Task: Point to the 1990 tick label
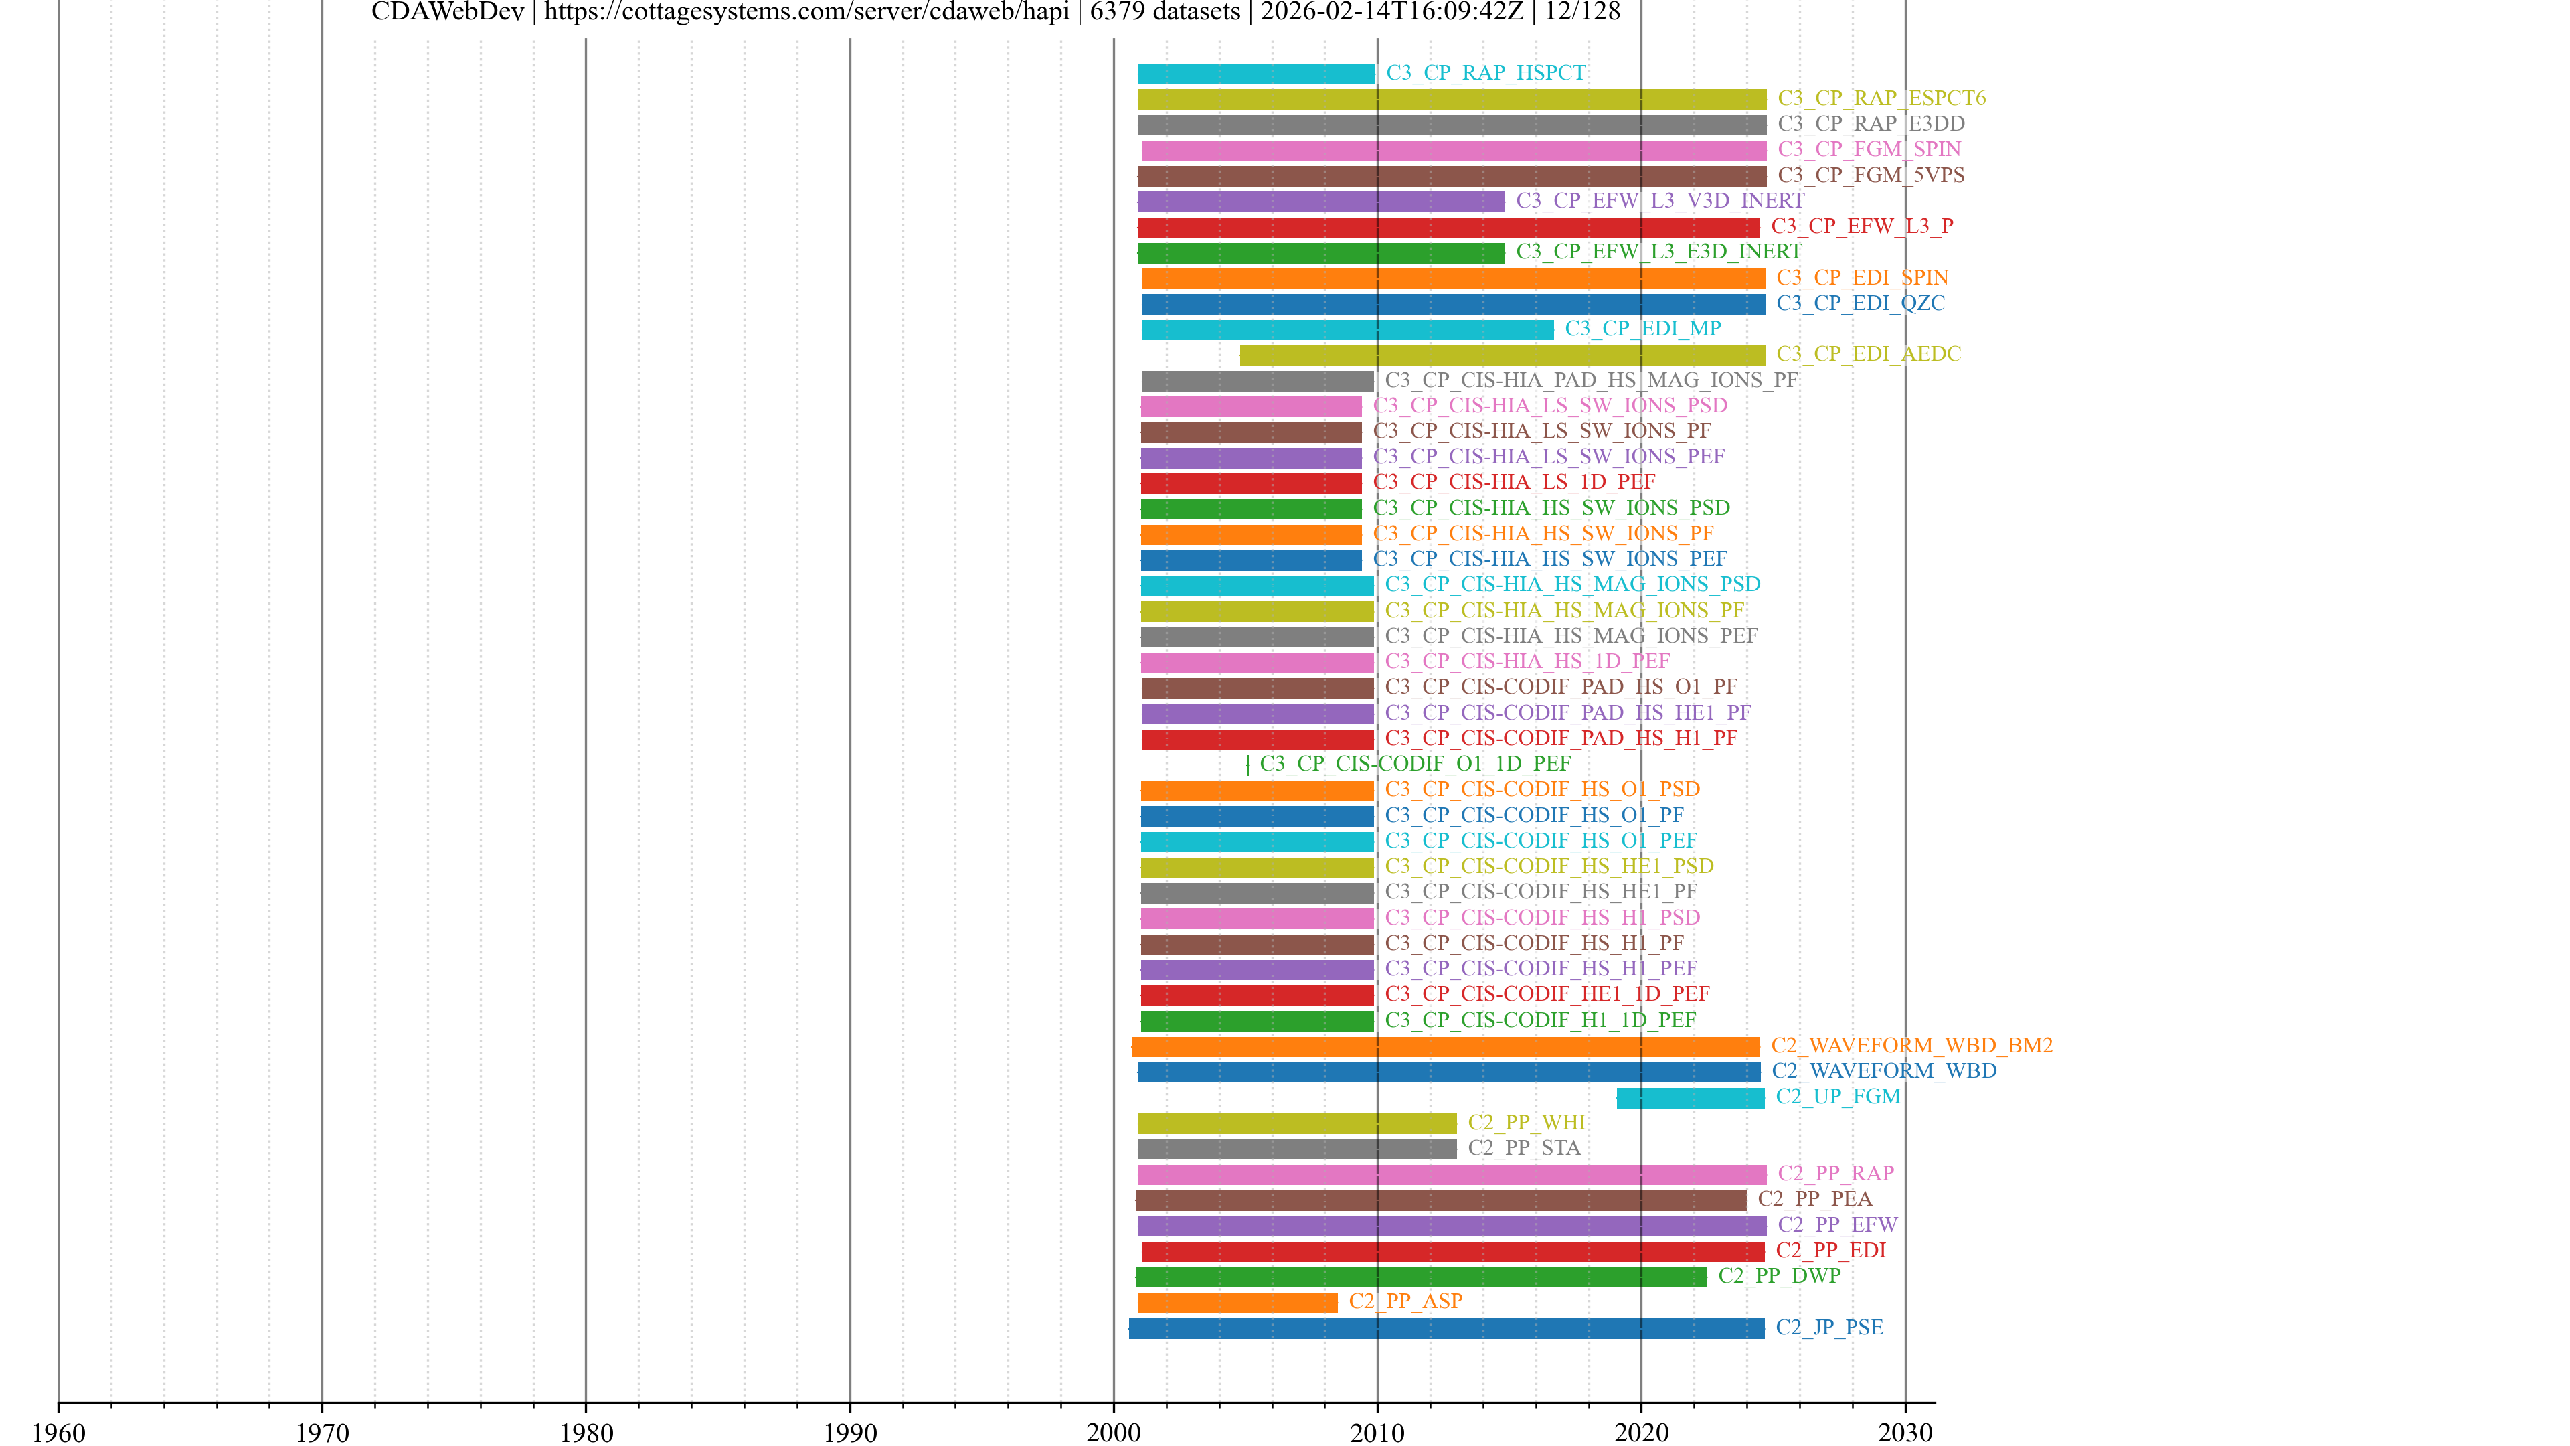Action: (x=849, y=1432)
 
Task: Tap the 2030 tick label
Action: (x=1905, y=1432)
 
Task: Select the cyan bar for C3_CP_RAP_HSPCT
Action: (x=1256, y=74)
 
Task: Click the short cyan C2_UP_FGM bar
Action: (x=1690, y=1098)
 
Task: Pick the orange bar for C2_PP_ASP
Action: (x=1237, y=1302)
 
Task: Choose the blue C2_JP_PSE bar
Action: (x=1446, y=1328)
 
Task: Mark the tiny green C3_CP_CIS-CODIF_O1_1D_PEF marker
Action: (x=1247, y=765)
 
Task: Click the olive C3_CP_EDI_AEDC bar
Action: (x=1501, y=355)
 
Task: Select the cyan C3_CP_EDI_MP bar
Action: (x=1347, y=329)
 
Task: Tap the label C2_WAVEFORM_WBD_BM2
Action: (x=1911, y=1045)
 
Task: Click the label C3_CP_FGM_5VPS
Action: (x=1871, y=175)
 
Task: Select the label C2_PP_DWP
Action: (x=1779, y=1275)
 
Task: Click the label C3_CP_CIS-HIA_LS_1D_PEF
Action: (x=1513, y=482)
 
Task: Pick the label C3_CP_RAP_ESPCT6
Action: (x=1881, y=98)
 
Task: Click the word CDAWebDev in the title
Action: (x=447, y=12)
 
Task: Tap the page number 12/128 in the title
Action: (x=1582, y=12)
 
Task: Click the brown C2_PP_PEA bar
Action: (x=1441, y=1200)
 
